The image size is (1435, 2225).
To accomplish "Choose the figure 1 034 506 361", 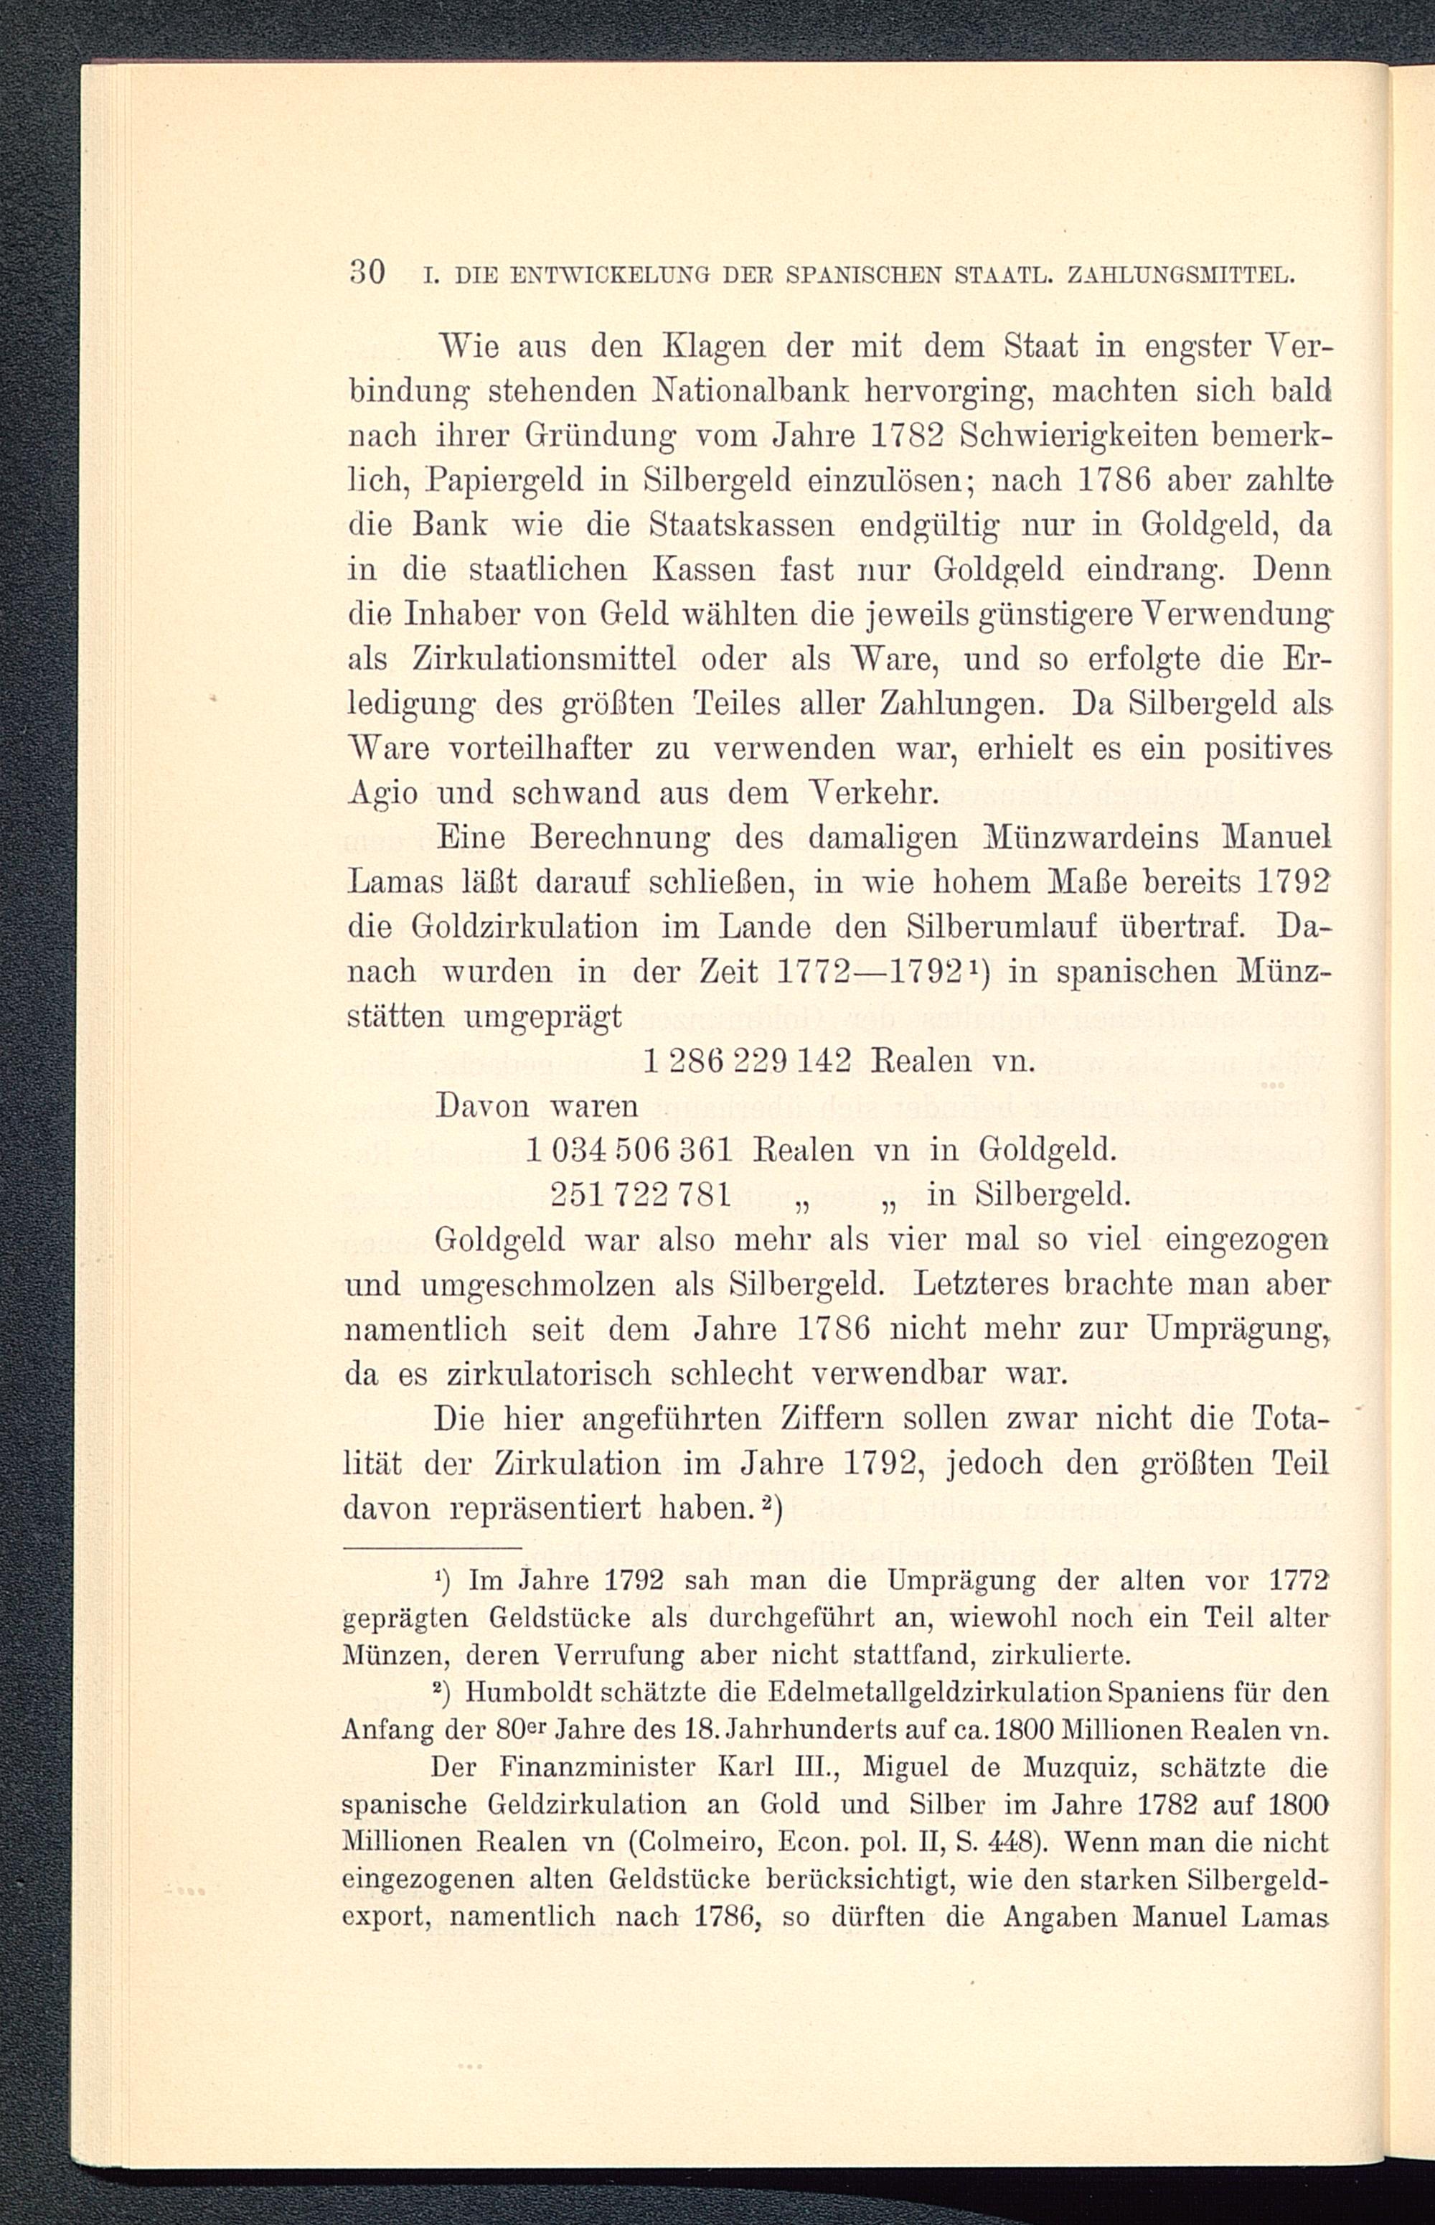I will (x=632, y=1151).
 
